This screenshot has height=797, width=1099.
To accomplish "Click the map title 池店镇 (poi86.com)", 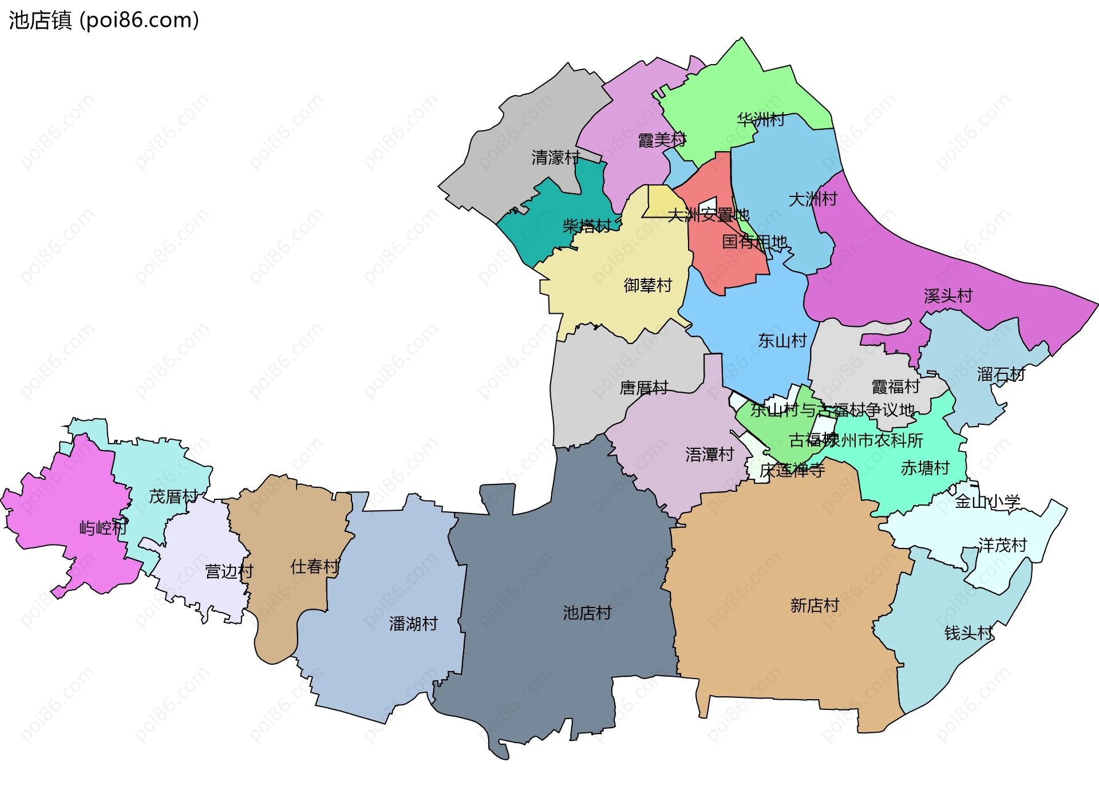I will [x=104, y=20].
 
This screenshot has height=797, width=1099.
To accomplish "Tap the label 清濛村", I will [x=555, y=157].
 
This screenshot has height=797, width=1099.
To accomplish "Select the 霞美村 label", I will [x=662, y=140].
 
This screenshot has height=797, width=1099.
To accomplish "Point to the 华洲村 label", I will [x=761, y=120].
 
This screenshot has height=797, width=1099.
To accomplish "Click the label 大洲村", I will [x=813, y=199].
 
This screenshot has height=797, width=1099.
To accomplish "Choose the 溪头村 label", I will [x=948, y=296].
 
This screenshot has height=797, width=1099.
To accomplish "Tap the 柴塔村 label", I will [x=587, y=226].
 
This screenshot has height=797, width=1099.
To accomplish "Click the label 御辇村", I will [x=647, y=285].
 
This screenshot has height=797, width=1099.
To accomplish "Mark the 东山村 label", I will [x=782, y=341].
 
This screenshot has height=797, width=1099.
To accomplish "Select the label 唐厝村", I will [x=643, y=388].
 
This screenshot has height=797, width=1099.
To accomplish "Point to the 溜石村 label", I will [x=1001, y=375].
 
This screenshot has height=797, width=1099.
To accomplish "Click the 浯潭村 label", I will [x=709, y=455].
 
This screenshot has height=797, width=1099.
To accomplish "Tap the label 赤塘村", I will [x=925, y=468].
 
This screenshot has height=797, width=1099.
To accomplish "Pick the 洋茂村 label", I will [x=1002, y=545].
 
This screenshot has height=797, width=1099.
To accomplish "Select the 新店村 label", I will [x=815, y=605].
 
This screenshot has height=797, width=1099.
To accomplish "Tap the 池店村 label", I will [x=587, y=613].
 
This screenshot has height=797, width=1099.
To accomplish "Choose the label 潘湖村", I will [x=413, y=624].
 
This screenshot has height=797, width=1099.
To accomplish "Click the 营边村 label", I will [x=229, y=571].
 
